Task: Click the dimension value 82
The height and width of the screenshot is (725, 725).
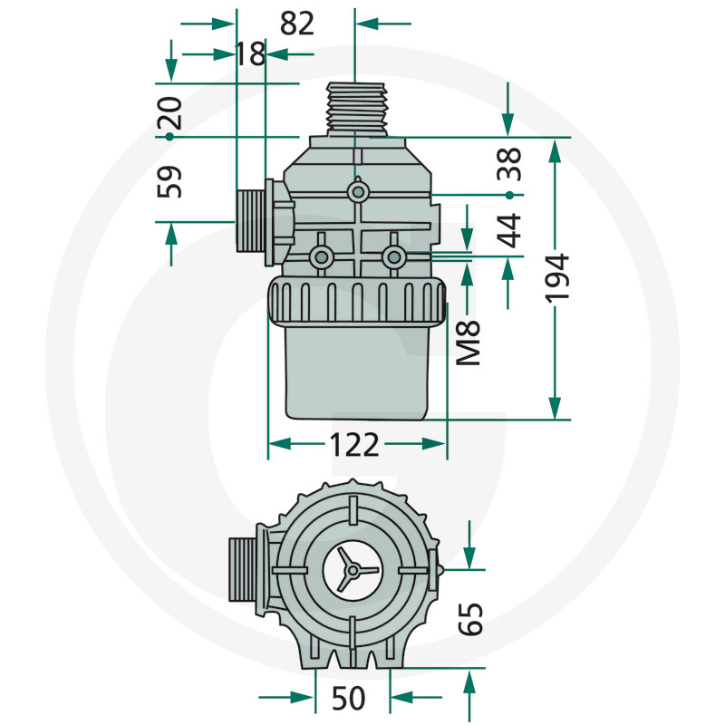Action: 297,24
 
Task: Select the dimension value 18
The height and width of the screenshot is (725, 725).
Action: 250,54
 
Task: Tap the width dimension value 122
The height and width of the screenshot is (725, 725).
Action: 355,444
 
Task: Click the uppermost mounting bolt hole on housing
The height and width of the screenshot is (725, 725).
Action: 359,192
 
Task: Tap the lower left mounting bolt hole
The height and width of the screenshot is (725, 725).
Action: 321,258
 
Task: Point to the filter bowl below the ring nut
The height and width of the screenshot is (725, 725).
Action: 357,372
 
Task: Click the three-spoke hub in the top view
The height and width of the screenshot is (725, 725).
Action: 355,570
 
